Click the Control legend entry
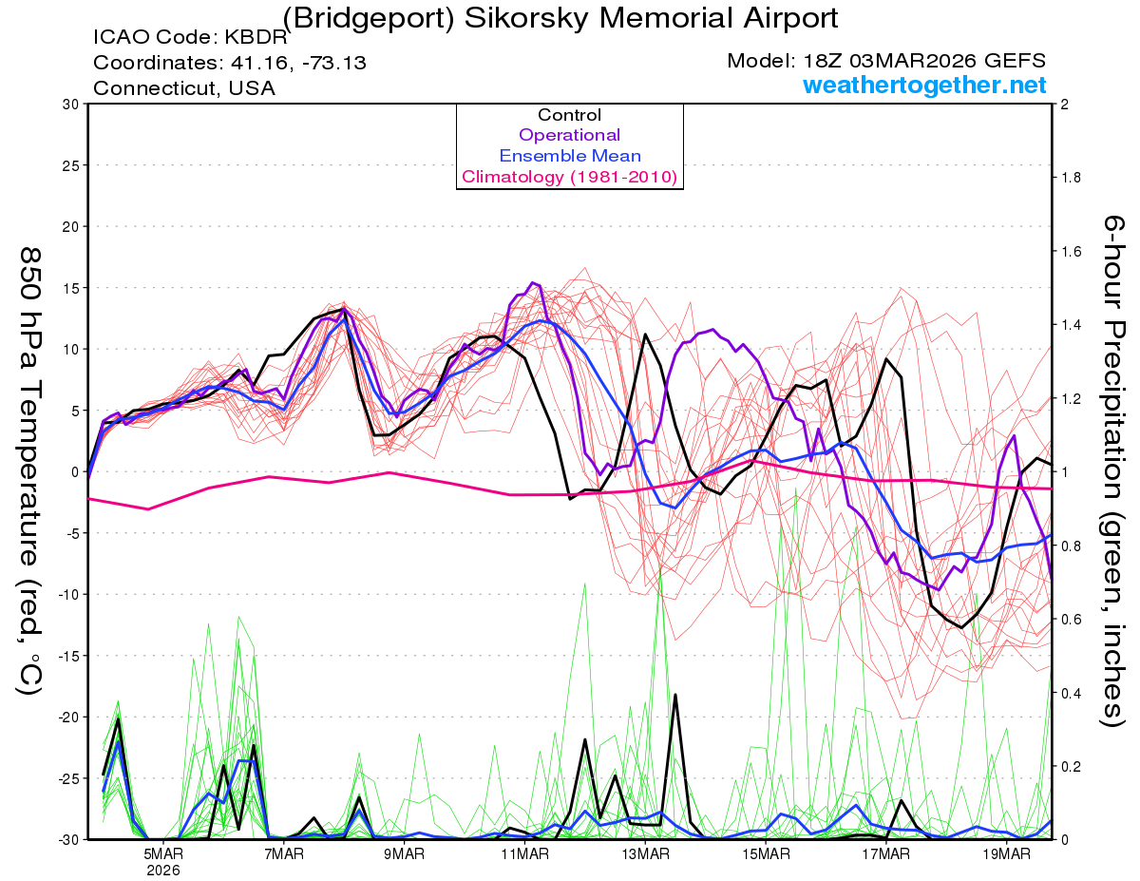(x=570, y=115)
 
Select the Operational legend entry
(x=570, y=135)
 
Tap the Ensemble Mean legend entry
(x=570, y=156)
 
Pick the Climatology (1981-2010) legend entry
(x=569, y=177)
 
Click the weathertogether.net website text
(x=924, y=86)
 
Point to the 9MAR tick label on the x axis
(x=404, y=853)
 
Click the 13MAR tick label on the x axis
(x=644, y=853)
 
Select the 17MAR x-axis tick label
(x=885, y=853)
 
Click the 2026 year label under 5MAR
(x=163, y=870)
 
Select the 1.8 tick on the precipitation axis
(x=1071, y=178)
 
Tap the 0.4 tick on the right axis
(x=1071, y=693)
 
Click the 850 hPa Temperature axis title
(x=28, y=470)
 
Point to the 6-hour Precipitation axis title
(x=1113, y=470)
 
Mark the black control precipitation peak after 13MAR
(x=675, y=695)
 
